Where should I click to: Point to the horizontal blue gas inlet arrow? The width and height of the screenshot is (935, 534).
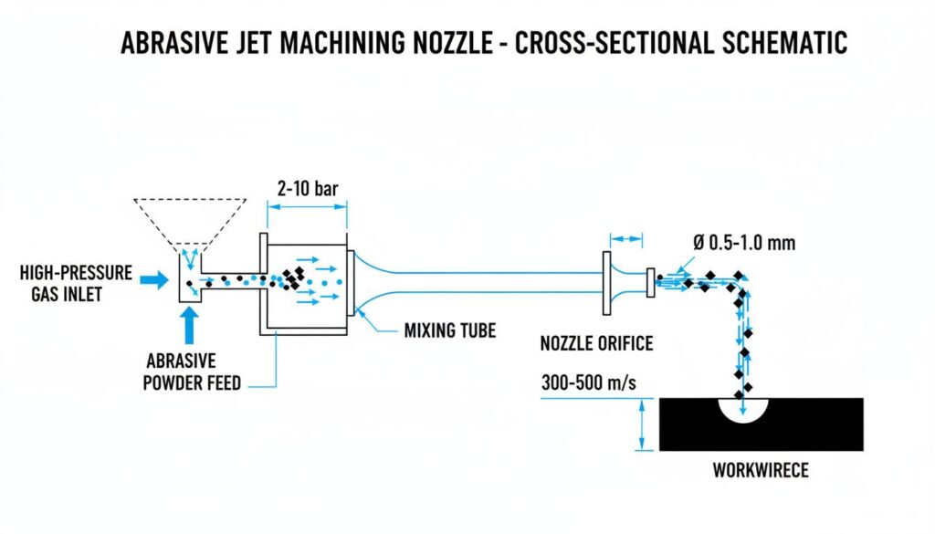click(156, 281)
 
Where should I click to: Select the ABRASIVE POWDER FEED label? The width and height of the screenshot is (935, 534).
click(192, 371)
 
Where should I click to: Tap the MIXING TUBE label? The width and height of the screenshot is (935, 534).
click(450, 330)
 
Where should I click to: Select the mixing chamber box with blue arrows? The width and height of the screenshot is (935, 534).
click(306, 281)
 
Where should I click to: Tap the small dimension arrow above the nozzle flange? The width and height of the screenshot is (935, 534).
click(626, 239)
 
